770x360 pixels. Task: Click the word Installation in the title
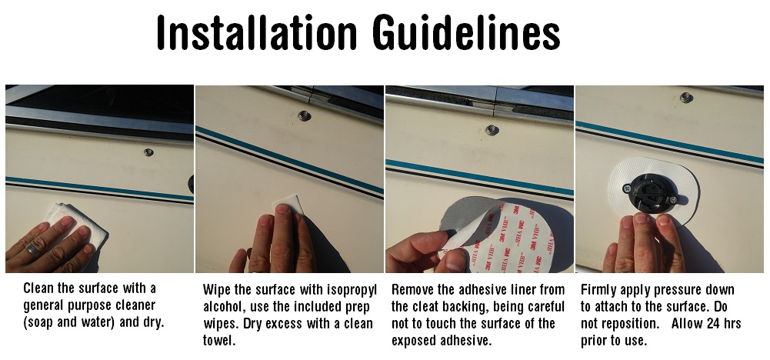(257, 32)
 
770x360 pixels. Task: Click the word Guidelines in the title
(466, 32)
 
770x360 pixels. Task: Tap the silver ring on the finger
(32, 248)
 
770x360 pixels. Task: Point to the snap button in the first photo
(148, 152)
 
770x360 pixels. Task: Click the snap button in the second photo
(305, 116)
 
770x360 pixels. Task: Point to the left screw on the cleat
(627, 188)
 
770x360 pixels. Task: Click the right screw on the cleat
(673, 199)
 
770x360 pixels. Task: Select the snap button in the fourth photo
(686, 97)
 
